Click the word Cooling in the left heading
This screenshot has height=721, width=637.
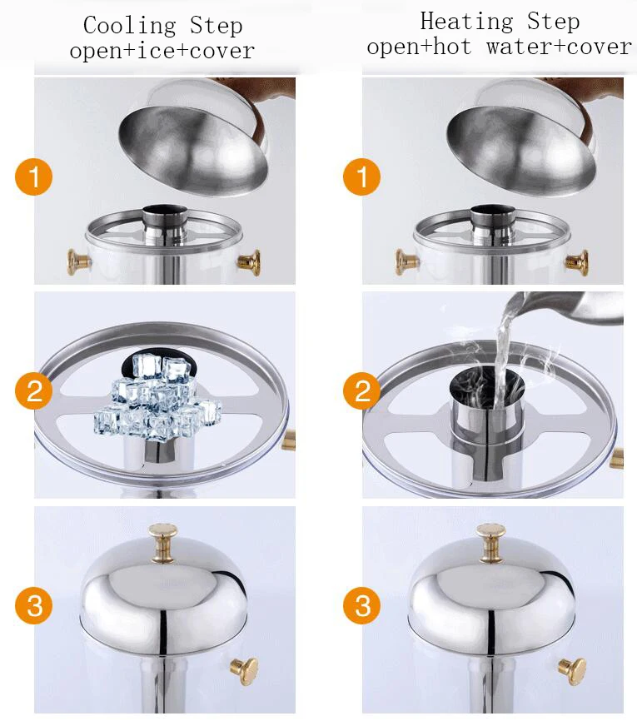tap(130, 27)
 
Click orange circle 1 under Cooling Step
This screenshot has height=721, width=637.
tap(33, 177)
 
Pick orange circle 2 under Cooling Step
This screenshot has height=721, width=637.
tap(33, 390)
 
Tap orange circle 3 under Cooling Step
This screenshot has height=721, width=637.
tap(33, 605)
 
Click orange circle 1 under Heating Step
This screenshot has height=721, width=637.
tap(362, 177)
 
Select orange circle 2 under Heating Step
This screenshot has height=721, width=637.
tap(362, 390)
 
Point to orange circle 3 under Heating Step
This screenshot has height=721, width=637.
tap(362, 605)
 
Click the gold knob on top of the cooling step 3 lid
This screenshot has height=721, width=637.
tap(163, 543)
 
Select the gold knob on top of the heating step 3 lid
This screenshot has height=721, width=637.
tap(490, 543)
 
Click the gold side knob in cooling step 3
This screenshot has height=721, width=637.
tap(244, 671)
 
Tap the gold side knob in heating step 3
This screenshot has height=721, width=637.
tap(572, 671)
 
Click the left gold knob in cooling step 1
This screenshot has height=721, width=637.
tap(78, 262)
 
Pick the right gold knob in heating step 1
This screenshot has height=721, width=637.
tap(577, 262)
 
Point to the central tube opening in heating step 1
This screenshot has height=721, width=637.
tap(493, 211)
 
